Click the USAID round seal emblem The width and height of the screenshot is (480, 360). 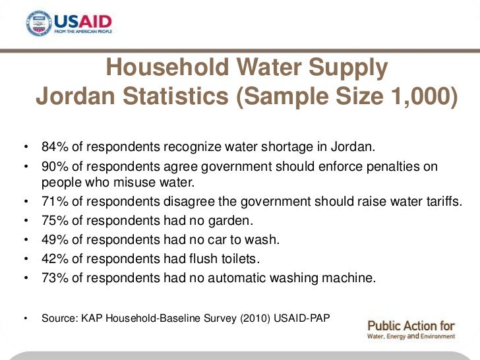pos(38,23)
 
